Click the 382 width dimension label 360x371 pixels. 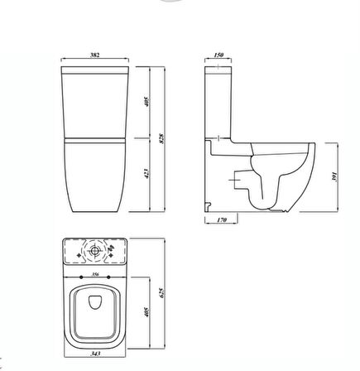94,55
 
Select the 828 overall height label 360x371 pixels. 161,137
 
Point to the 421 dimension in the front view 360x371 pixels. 145,176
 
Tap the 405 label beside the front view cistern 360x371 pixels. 145,102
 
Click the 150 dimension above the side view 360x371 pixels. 218,55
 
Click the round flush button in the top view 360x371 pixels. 94,250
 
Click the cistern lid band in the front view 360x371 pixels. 94,70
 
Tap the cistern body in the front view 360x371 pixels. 94,104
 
